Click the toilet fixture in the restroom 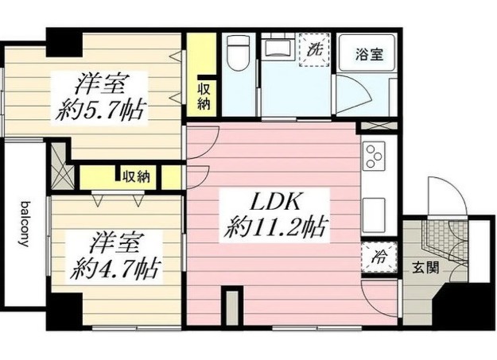click(x=239, y=53)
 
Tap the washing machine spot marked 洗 click(x=314, y=50)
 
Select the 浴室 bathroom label click(x=369, y=55)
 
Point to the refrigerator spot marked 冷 click(x=379, y=257)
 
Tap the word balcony click(x=25, y=224)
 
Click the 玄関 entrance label click(x=425, y=268)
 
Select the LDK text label click(x=275, y=203)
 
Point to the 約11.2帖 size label click(x=274, y=228)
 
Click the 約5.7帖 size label click(x=100, y=111)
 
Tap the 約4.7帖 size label click(x=115, y=269)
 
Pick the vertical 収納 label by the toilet click(x=204, y=96)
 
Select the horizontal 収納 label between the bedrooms click(x=136, y=176)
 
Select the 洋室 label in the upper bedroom click(x=100, y=84)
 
